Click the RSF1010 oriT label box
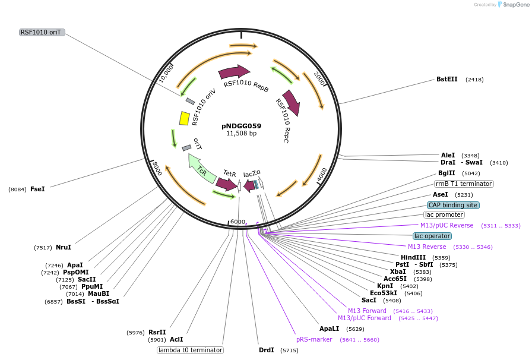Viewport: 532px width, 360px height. pos(42,32)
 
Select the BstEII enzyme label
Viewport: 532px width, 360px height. pos(447,79)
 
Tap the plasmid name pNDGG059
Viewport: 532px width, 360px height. pos(241,126)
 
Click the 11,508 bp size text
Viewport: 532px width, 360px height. pos(241,134)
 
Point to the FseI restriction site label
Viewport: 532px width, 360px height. pos(37,189)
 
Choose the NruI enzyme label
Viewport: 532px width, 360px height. pos(64,247)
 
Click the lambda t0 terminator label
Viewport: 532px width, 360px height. pos(190,350)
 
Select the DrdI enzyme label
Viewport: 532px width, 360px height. pos(267,350)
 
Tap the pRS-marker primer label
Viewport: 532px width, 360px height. pos(314,339)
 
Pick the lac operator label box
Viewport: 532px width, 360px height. pos(432,236)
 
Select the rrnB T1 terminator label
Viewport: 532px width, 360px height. pos(464,184)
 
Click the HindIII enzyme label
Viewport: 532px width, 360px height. pos(413,257)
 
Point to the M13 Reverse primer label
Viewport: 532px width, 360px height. pos(427,247)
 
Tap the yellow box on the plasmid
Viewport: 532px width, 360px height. pos(185,118)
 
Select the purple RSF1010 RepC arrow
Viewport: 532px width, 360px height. pos(292,103)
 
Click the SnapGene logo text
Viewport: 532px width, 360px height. pos(514,5)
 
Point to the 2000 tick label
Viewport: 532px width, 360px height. pos(319,79)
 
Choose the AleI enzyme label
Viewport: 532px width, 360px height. pos(448,154)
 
